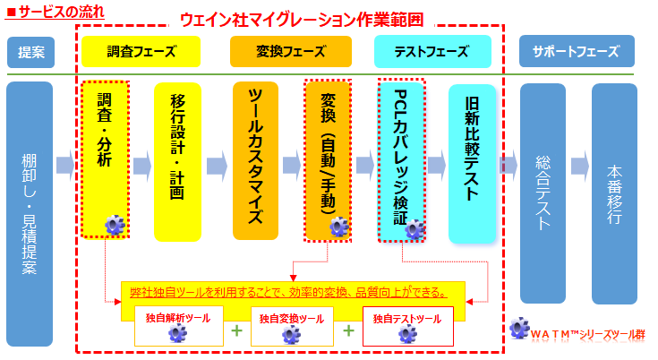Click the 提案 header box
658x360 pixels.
30,52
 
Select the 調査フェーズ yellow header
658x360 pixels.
129,52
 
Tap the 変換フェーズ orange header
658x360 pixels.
278,52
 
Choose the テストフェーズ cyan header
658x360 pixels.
419,52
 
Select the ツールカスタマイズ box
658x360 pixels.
255,161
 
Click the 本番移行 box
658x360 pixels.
614,193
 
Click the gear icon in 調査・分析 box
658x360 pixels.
115,225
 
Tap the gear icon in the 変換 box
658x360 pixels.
338,227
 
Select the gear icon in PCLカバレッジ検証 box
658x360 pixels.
414,228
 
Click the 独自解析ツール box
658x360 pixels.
177,326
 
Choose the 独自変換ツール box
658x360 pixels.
292,326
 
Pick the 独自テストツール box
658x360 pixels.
407,326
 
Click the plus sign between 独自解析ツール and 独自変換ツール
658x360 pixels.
236,330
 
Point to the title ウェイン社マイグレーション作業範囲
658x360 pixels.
288,19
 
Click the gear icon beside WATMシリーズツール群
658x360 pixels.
518,328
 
